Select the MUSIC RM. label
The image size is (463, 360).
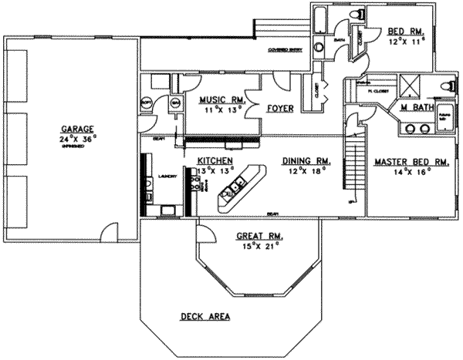221,100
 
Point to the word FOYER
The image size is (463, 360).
280,109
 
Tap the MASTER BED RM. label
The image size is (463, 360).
411,163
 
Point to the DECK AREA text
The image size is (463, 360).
204,316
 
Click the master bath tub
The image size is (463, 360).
444,116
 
